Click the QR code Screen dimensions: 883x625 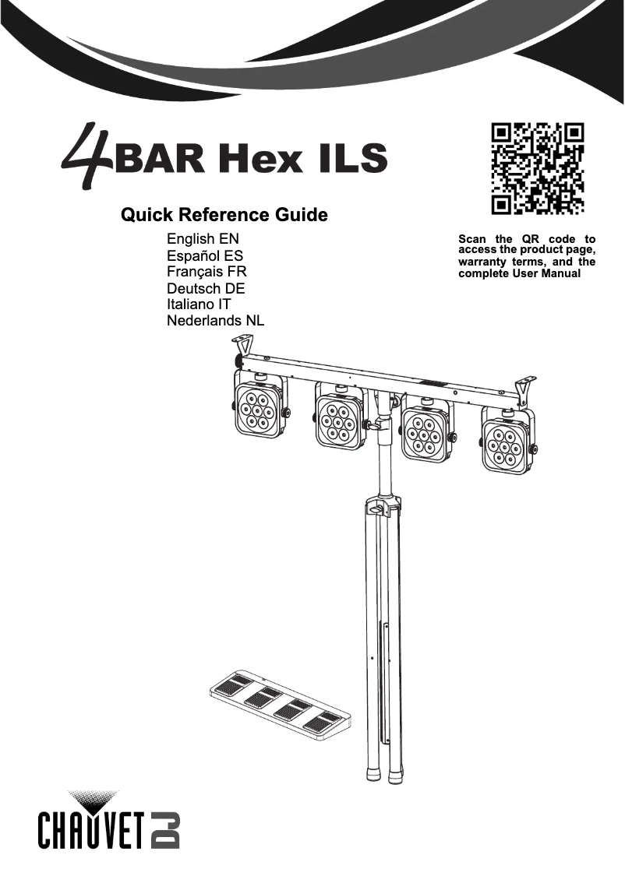(x=538, y=168)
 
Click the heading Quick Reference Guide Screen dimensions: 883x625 (x=224, y=215)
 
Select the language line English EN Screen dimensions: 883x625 (x=203, y=239)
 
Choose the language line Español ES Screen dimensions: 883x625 (x=205, y=255)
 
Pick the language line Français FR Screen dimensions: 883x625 (x=207, y=272)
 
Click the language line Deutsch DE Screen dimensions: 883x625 (x=206, y=289)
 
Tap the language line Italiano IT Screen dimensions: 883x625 (x=199, y=304)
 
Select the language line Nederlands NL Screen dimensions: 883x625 (x=216, y=321)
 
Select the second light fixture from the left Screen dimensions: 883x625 (x=339, y=418)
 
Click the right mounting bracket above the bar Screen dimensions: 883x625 (x=525, y=387)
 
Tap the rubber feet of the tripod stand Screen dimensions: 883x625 (x=383, y=775)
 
